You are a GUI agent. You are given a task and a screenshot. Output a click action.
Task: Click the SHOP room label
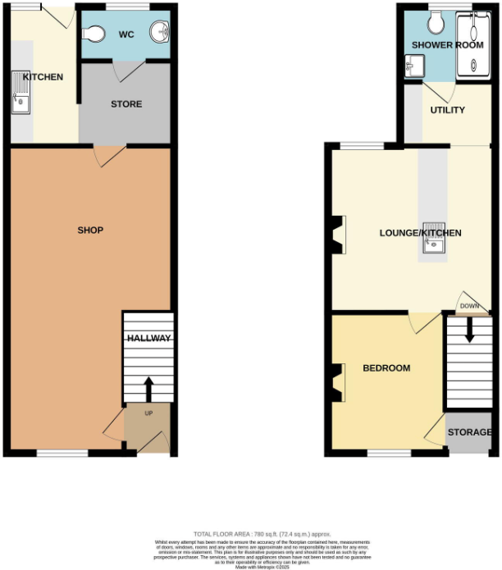90,230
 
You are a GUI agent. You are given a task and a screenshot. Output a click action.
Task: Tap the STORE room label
126,104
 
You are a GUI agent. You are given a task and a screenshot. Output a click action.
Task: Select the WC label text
126,34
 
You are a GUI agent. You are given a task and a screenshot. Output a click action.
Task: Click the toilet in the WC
94,34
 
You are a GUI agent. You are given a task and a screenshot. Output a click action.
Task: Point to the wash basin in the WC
159,33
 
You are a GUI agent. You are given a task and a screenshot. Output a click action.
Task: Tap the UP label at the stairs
148,413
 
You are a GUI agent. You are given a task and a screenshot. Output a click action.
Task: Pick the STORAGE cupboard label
470,432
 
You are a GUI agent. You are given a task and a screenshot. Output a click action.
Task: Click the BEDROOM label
386,368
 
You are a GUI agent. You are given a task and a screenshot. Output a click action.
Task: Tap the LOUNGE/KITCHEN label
420,233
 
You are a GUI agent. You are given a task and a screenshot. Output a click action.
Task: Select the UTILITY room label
448,110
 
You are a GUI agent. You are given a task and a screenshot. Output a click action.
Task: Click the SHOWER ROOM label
447,45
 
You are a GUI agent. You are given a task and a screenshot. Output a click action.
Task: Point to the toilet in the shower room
436,18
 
